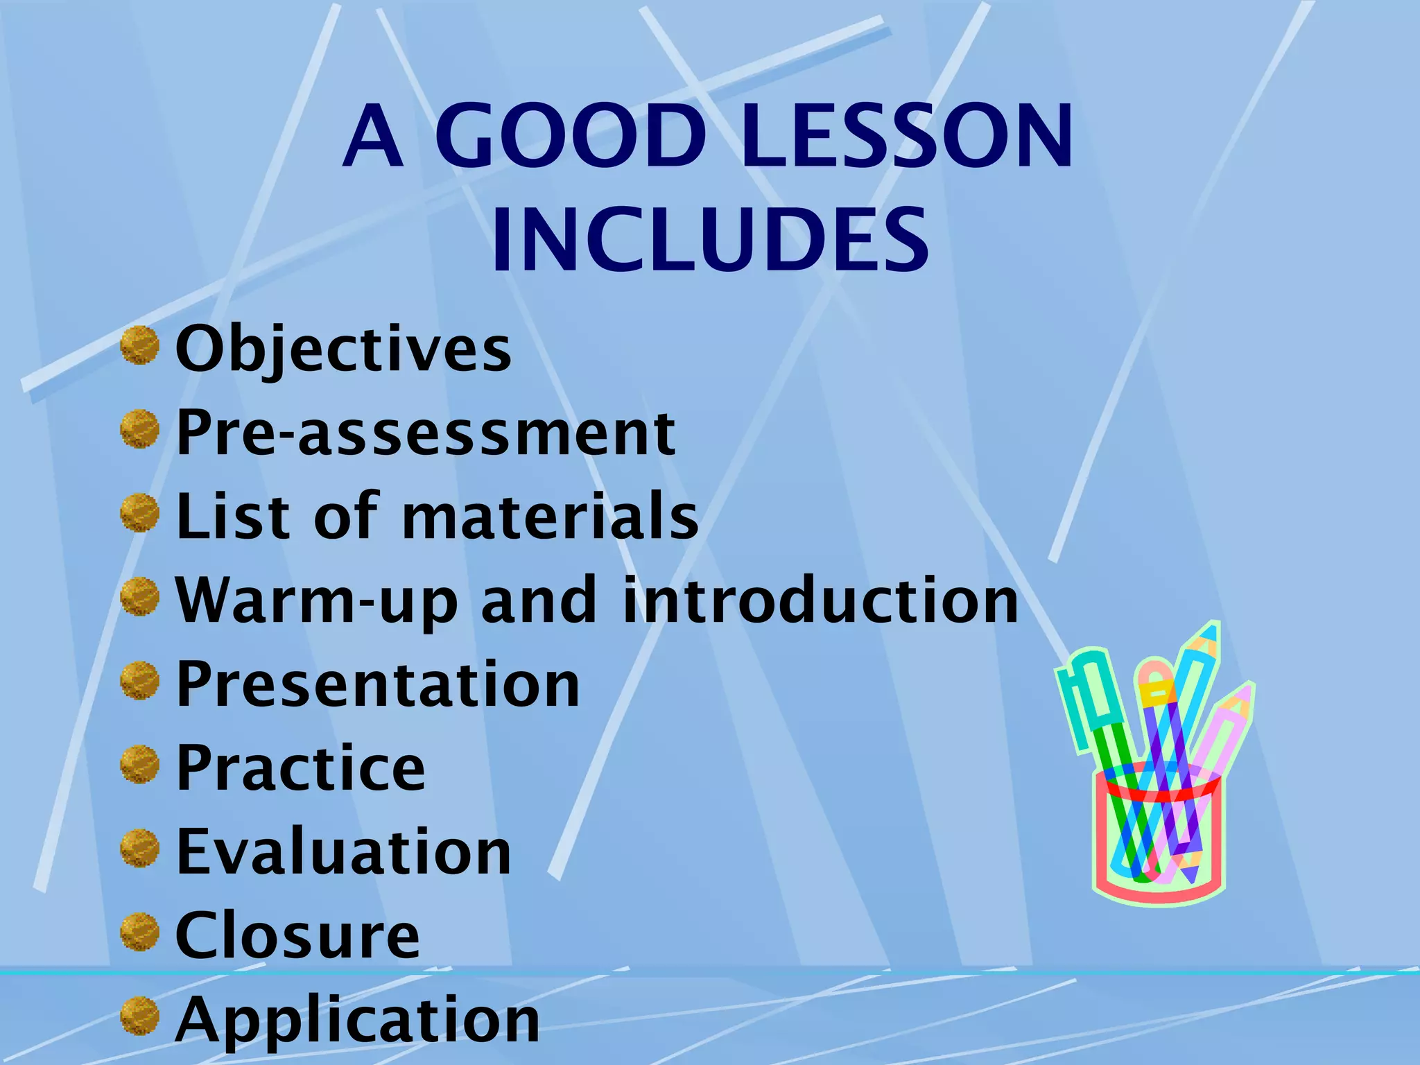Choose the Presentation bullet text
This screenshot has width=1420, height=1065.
[378, 684]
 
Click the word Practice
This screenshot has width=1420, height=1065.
[300, 768]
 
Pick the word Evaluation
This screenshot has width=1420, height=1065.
[343, 851]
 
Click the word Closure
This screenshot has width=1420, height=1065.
[297, 935]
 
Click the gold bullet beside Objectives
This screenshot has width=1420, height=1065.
[140, 345]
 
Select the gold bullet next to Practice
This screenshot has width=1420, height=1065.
[140, 765]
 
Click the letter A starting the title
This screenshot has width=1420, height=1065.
[373, 137]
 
